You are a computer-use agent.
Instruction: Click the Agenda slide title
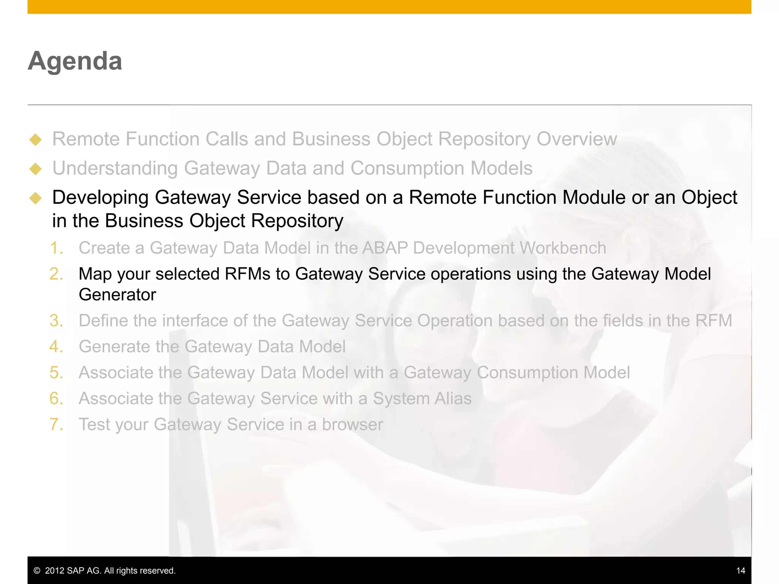pos(75,61)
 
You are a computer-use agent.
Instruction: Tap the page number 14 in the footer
pos(740,570)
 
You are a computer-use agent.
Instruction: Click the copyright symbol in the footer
pos(37,571)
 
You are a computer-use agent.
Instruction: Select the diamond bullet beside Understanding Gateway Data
pos(35,169)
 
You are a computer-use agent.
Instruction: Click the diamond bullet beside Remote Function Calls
pos(35,140)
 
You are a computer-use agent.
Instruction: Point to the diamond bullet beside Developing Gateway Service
pos(35,198)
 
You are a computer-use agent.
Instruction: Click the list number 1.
pos(56,248)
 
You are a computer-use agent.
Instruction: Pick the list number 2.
pos(56,274)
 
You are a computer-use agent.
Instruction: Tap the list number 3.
pos(56,321)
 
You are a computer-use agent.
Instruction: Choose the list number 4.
pos(56,347)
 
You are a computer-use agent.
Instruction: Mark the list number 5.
pos(56,373)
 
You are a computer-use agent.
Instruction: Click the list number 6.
pos(56,398)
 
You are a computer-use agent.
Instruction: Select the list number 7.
pos(56,424)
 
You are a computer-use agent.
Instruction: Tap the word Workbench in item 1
pos(563,248)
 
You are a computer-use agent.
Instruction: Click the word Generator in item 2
pos(118,295)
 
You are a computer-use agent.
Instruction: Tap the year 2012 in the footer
pos(54,571)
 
